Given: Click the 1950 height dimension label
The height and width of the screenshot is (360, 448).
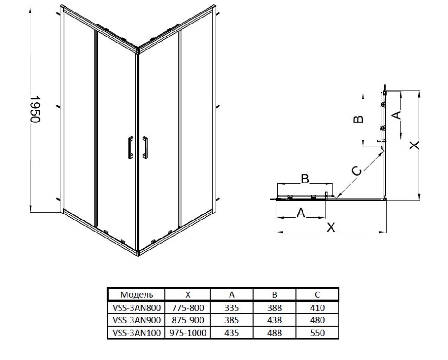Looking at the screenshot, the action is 35,109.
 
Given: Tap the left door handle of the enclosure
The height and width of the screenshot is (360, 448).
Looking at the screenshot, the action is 131,147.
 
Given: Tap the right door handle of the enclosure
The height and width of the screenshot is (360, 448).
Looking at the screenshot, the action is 145,147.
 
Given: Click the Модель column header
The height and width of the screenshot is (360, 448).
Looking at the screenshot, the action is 137,294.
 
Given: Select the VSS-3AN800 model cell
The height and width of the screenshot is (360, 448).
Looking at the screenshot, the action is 137,308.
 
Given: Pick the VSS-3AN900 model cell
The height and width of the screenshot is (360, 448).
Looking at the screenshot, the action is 137,320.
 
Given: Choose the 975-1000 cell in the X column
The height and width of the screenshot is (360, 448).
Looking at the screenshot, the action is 188,333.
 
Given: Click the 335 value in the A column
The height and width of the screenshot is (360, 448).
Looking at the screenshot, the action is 231,308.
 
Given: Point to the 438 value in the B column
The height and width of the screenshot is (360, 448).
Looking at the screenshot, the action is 274,320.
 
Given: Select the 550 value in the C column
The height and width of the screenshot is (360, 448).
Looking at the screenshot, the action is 317,333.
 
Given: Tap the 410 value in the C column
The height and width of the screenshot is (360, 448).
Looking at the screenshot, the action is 317,308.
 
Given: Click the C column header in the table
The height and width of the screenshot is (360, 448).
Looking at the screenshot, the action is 317,294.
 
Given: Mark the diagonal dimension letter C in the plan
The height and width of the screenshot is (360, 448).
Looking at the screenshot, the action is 357,171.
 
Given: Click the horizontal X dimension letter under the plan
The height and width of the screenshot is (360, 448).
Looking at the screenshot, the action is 331,227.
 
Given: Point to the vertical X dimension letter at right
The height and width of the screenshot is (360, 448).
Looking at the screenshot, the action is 414,145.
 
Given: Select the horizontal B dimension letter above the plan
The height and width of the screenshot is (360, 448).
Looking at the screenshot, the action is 305,179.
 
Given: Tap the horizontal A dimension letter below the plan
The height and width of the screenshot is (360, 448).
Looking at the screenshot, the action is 301,213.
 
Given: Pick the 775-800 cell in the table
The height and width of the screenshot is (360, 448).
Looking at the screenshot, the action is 188,308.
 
